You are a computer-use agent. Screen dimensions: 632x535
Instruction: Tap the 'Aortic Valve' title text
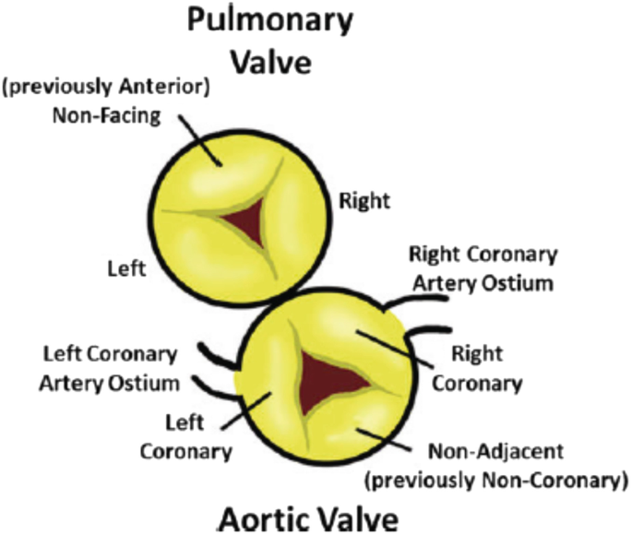(x=309, y=517)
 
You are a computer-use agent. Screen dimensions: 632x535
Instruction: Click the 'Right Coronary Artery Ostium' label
(x=482, y=267)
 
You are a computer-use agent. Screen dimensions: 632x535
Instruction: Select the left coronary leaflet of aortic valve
(x=268, y=387)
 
